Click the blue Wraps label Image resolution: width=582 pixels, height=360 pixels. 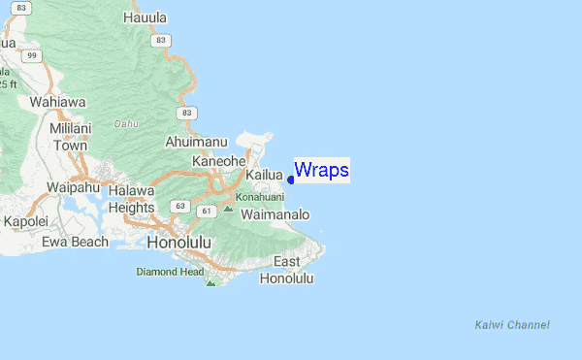point(321,170)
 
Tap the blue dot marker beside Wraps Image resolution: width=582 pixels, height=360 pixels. point(291,180)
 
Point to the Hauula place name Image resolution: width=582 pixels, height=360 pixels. point(145,18)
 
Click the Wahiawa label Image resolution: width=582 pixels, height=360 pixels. point(58,101)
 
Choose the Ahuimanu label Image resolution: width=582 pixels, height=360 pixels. point(196,142)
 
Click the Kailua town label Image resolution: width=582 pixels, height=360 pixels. point(263,175)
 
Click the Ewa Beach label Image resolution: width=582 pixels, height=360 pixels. point(75,242)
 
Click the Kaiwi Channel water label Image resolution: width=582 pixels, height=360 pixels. point(512,324)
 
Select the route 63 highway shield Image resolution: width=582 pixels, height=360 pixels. point(179,206)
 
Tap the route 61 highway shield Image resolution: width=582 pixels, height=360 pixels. point(206,211)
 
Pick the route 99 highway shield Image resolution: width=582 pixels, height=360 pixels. point(32,56)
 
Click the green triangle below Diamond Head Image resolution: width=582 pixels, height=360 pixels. point(210,282)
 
